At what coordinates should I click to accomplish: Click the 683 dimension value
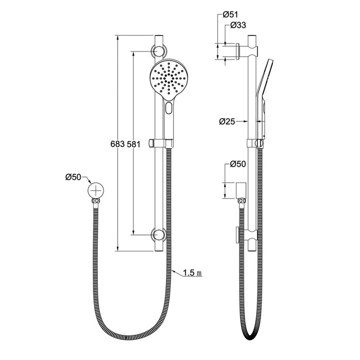point(118,145)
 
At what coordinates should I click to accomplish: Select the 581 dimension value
point(134,145)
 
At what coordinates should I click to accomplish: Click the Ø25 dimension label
point(227,122)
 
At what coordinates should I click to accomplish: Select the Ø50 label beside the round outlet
point(73,177)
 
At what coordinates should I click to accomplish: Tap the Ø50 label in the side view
point(237,164)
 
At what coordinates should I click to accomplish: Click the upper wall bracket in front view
point(158,51)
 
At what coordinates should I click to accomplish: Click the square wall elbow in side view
point(242,191)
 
